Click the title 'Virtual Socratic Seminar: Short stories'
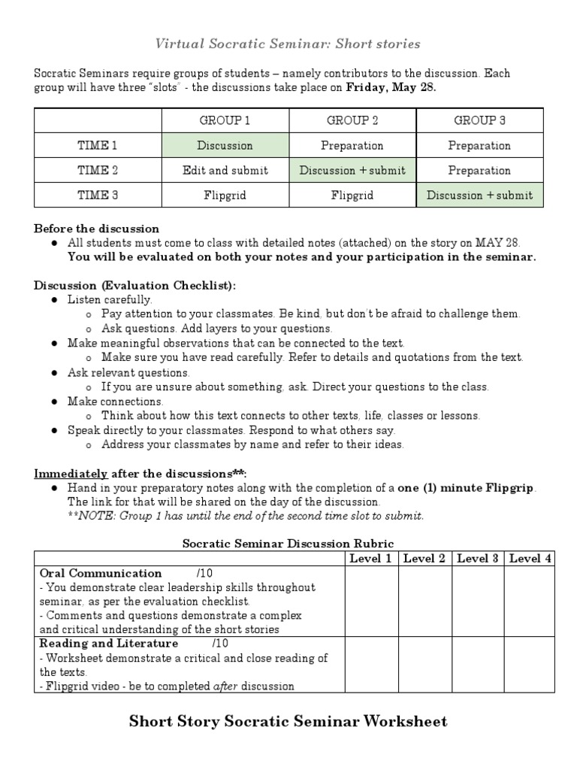[288, 44]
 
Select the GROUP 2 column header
[352, 120]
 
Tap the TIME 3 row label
[98, 195]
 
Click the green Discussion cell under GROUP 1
[225, 145]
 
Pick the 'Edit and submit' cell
[225, 170]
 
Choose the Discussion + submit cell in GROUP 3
[479, 195]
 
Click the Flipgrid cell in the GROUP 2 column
[352, 195]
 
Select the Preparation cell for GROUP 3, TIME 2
[479, 170]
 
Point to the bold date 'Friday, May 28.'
[391, 86]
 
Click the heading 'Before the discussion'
[96, 229]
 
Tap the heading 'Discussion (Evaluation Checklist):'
[134, 285]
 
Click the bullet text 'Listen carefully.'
[110, 299]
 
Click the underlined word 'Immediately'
[72, 474]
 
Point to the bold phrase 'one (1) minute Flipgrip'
[467, 488]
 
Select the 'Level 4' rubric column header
[530, 558]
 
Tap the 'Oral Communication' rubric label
[100, 573]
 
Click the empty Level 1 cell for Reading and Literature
[371, 665]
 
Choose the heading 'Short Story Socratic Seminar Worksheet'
[288, 722]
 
